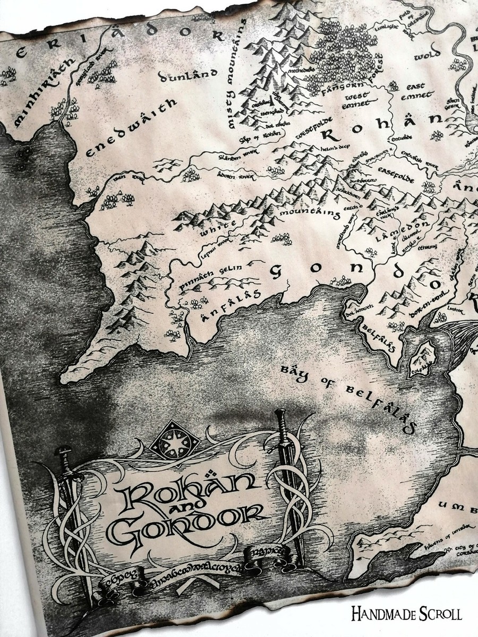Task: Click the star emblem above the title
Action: (174, 442)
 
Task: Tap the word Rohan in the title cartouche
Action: (191, 491)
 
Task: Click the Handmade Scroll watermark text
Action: (406, 615)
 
